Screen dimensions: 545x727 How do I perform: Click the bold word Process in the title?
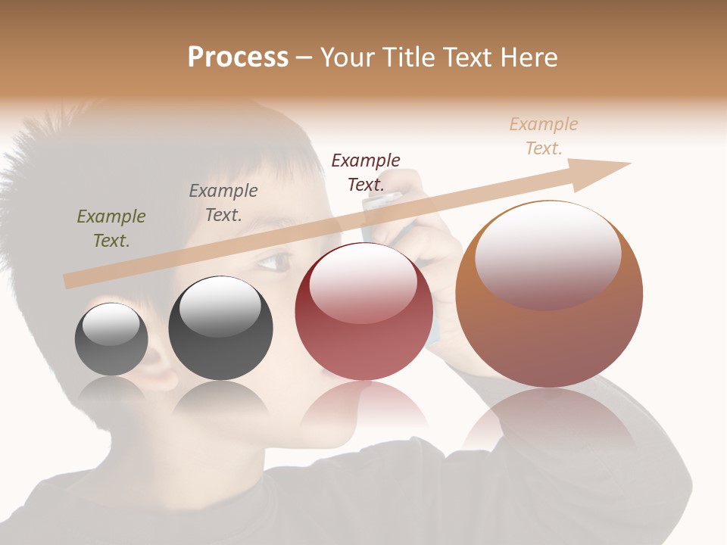point(238,58)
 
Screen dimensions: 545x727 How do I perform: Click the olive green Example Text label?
point(111,229)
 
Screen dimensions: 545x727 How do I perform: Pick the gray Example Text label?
point(223,203)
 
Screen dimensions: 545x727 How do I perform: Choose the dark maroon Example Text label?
point(366,172)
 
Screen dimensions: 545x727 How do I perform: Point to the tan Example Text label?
point(543,136)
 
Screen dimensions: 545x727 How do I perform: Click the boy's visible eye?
point(276,263)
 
